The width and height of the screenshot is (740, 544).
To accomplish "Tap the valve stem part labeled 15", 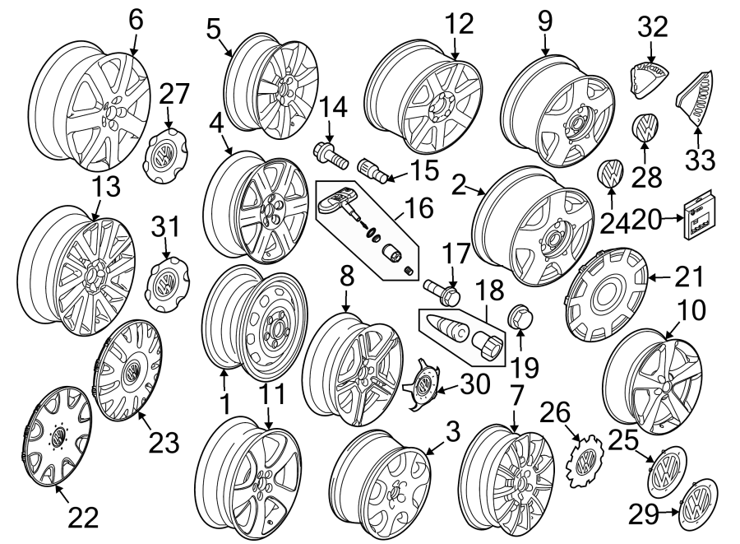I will coord(374,171).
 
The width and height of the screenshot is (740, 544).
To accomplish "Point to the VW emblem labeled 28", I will coord(645,128).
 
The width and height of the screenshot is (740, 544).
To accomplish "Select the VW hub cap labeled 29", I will coord(697,504).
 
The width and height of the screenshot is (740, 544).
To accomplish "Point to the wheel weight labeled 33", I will coord(692,100).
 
